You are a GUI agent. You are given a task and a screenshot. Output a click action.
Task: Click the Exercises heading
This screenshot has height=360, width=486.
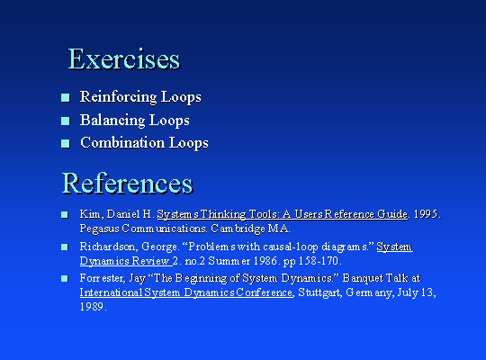[124, 58]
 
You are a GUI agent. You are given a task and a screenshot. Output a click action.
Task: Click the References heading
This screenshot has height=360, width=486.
[128, 183]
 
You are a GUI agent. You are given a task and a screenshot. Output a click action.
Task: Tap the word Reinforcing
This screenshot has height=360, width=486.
[118, 97]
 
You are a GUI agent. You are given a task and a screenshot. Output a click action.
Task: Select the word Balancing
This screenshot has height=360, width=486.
[112, 121]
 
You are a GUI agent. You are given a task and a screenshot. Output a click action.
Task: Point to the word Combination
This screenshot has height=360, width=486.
[122, 143]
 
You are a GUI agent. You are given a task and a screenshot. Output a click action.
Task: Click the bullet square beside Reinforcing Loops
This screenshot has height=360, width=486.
[66, 98]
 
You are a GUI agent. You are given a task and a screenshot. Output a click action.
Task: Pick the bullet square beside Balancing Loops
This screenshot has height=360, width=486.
[66, 121]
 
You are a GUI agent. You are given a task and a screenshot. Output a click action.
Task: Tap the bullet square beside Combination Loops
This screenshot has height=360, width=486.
[66, 144]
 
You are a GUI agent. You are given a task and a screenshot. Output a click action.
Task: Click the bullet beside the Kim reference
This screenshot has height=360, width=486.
[65, 214]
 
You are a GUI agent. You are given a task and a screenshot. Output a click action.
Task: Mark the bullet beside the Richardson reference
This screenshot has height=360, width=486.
[65, 247]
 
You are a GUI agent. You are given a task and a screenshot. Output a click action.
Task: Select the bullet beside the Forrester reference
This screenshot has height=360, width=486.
[65, 278]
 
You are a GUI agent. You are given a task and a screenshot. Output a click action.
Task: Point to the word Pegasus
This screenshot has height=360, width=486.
[100, 229]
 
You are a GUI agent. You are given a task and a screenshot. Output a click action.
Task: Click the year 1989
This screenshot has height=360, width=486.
[92, 307]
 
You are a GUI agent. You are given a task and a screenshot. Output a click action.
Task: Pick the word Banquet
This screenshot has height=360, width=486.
[361, 278]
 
